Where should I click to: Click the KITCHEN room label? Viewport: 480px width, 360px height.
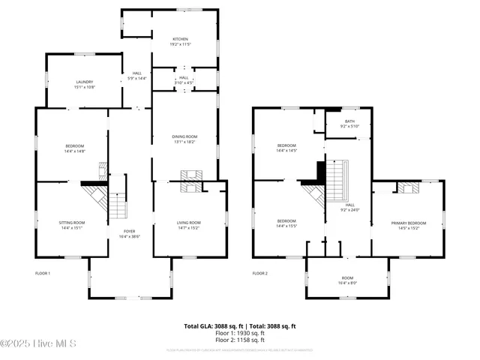[180, 39]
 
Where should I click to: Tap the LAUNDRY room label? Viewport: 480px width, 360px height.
[83, 82]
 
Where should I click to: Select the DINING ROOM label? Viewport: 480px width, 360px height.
[184, 136]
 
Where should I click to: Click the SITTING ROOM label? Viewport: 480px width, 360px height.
[73, 222]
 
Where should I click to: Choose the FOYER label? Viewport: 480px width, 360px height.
[129, 231]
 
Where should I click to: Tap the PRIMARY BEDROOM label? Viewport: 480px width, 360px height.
[409, 223]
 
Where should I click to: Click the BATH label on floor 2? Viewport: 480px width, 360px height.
[349, 121]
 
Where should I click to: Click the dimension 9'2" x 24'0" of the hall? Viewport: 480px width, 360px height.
[349, 210]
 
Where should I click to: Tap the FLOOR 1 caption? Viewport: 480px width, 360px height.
[43, 273]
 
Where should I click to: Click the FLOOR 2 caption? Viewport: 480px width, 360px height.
[259, 273]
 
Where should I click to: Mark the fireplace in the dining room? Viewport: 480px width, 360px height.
[190, 176]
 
